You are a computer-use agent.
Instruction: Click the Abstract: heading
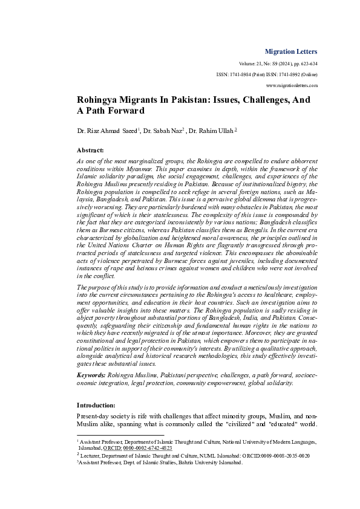(90, 149)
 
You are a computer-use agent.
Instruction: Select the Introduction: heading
(97, 404)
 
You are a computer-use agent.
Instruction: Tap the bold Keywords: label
(90, 375)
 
